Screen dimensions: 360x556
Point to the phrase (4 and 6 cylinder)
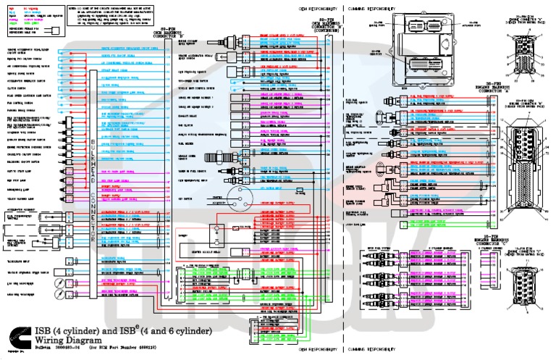177,331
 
